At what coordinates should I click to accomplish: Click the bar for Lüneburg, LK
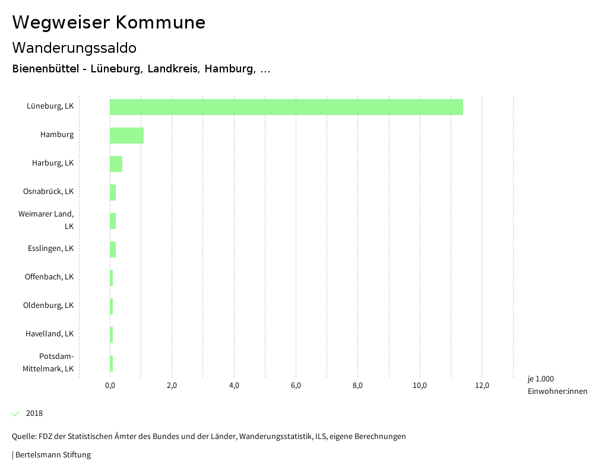(286, 107)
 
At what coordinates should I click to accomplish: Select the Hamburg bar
(126, 135)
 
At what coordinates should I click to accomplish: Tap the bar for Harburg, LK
(116, 164)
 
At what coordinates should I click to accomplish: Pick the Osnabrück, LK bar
(113, 192)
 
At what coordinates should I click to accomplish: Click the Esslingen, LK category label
(50, 248)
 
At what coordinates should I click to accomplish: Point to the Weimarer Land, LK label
(46, 219)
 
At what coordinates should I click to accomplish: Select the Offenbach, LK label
(49, 276)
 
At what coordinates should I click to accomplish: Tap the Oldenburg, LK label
(48, 305)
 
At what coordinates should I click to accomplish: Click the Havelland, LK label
(49, 333)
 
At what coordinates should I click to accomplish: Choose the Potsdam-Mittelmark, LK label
(48, 362)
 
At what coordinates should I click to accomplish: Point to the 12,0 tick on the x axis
(482, 386)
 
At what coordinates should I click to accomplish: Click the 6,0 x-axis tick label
(296, 386)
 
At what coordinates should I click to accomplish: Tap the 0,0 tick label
(110, 386)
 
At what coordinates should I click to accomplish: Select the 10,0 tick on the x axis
(420, 386)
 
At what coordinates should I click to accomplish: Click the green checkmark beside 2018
(16, 413)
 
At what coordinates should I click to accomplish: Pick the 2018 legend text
(34, 413)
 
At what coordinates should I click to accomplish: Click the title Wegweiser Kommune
(109, 23)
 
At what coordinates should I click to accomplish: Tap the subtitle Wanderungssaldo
(74, 47)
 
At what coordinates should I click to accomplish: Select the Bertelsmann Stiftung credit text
(52, 455)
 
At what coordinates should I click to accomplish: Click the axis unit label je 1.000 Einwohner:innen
(557, 385)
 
